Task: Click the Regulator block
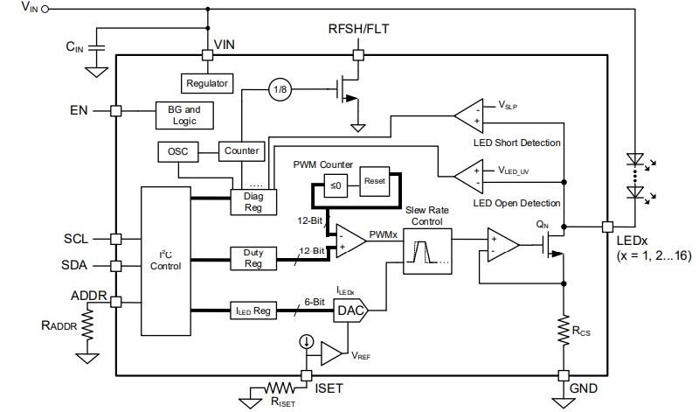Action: pos(207,83)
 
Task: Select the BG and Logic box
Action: pos(184,115)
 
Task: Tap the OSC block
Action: pos(177,151)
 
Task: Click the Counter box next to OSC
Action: pos(241,150)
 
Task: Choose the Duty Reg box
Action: pos(253,258)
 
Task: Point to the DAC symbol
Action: pos(350,310)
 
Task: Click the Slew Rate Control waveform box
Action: pos(427,254)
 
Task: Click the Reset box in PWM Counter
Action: pos(375,181)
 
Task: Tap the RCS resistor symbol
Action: pos(564,331)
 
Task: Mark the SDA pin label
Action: pos(76,265)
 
